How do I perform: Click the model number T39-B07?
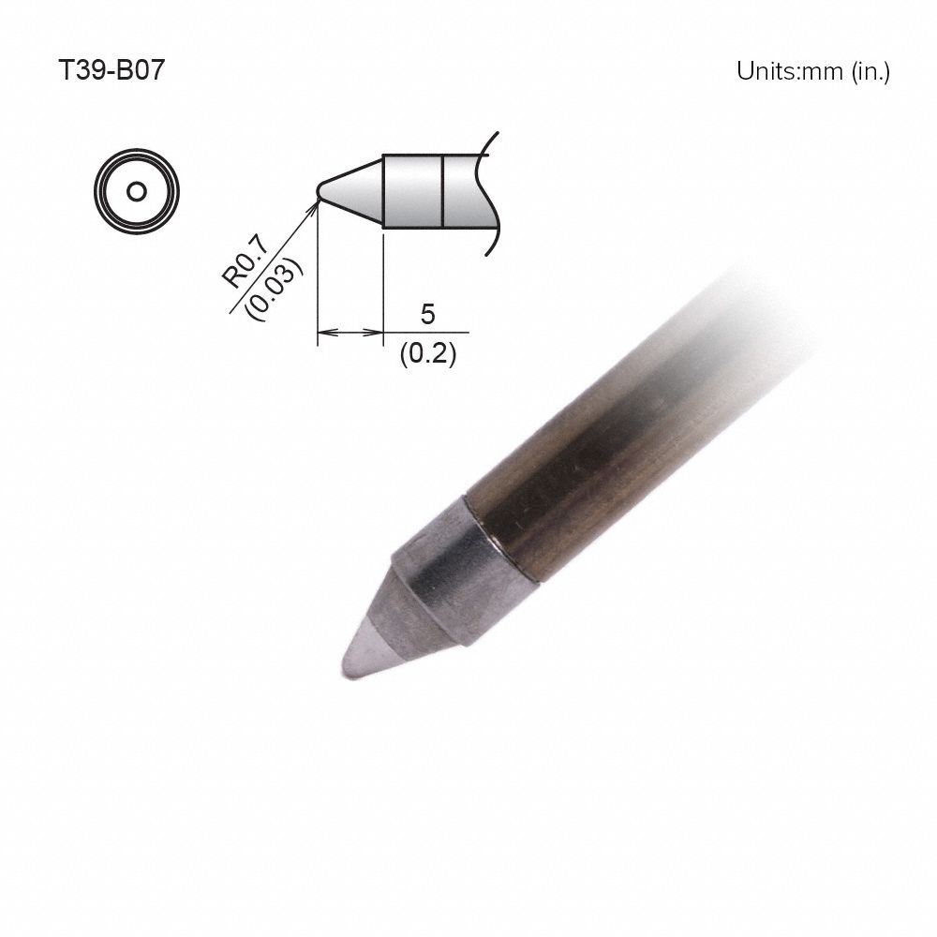tap(112, 72)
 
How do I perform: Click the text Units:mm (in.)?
tap(812, 72)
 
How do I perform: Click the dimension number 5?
tap(427, 315)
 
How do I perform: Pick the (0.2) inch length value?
tap(427, 355)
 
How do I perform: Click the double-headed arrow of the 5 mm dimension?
tap(350, 332)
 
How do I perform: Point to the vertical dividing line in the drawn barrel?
tap(441, 190)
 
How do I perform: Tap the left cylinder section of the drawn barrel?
tap(412, 190)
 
